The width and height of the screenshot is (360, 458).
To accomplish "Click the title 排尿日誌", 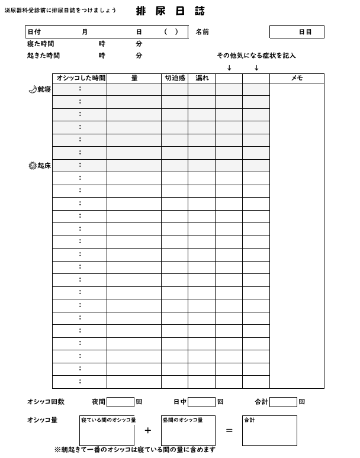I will pyautogui.click(x=171, y=11).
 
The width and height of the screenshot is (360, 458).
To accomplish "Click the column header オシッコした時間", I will pyautogui.click(x=81, y=78).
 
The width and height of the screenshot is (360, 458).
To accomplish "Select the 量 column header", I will pyautogui.click(x=134, y=78).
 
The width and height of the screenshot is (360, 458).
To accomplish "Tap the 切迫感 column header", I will pyautogui.click(x=175, y=78).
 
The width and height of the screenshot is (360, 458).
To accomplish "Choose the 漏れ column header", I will pyautogui.click(x=202, y=78).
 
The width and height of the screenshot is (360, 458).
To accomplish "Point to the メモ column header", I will pyautogui.click(x=297, y=78).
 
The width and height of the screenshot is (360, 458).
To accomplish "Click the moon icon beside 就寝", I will pyautogui.click(x=33, y=89).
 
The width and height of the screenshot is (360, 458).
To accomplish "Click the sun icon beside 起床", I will pyautogui.click(x=33, y=166).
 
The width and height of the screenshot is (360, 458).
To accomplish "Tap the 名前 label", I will pyautogui.click(x=202, y=32).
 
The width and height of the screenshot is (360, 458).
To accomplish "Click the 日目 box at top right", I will pyautogui.click(x=297, y=32).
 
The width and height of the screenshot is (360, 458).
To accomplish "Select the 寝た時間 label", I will pyautogui.click(x=41, y=44).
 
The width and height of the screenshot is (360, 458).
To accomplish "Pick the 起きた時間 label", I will pyautogui.click(x=43, y=56).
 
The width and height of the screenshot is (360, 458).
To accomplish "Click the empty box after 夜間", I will pyautogui.click(x=120, y=402).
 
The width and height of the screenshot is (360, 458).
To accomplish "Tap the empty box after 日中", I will pyautogui.click(x=201, y=402).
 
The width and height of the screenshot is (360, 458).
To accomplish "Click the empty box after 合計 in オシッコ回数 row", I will pyautogui.click(x=283, y=402).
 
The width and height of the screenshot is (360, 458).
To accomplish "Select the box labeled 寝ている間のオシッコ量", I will pyautogui.click(x=107, y=431).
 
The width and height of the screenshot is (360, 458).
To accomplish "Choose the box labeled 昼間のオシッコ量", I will pyautogui.click(x=188, y=431).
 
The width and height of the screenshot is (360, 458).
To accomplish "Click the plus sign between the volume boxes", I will pyautogui.click(x=148, y=431).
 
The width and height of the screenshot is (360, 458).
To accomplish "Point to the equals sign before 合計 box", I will pyautogui.click(x=229, y=431).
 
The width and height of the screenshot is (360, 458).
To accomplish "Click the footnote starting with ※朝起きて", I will pyautogui.click(x=135, y=450).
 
